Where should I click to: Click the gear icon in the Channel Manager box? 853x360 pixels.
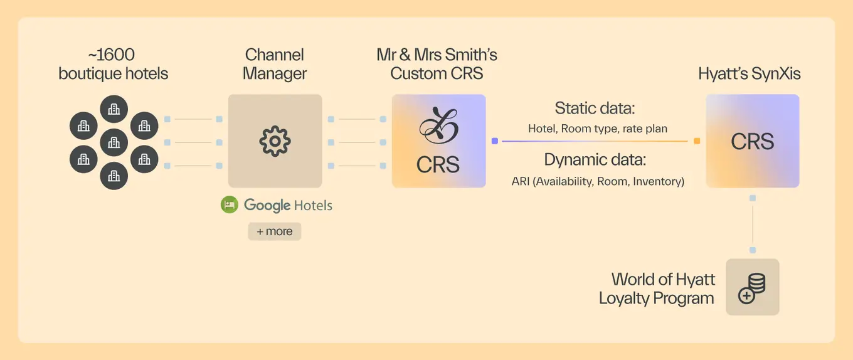[x=275, y=141]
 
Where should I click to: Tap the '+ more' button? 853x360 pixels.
[x=275, y=231]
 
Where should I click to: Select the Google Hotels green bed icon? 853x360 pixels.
[x=230, y=205]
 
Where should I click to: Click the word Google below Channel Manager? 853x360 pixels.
[x=267, y=205]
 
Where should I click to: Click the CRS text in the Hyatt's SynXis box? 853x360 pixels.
[x=753, y=142]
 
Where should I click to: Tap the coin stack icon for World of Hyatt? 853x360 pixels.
[x=752, y=287]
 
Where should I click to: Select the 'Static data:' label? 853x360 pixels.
[x=595, y=108]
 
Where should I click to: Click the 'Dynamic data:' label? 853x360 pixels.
[x=595, y=160]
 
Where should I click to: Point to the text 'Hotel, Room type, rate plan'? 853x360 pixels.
[x=598, y=129]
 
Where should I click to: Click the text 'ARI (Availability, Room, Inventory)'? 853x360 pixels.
[x=598, y=181]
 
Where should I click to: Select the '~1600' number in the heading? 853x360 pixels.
[x=113, y=55]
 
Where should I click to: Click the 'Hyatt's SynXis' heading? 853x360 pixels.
[x=750, y=73]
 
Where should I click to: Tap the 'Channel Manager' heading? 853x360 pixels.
[x=275, y=64]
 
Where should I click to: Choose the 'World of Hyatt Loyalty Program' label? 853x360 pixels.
[x=657, y=288]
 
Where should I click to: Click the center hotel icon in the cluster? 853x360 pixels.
[x=114, y=142]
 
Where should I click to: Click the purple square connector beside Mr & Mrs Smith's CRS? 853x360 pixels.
[x=495, y=141]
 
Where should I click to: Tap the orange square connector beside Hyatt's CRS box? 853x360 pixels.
[x=697, y=141]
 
